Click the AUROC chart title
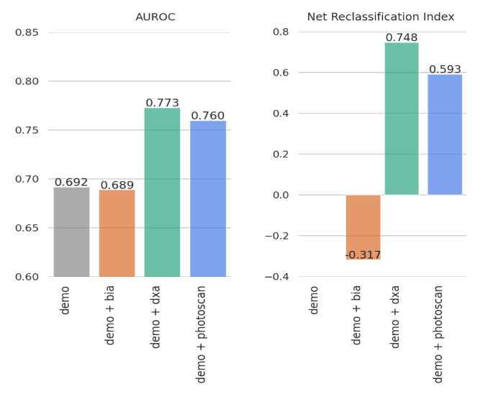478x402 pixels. click(155, 17)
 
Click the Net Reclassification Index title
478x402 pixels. click(381, 17)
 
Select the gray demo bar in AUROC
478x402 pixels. click(72, 232)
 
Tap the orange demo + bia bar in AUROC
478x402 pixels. click(117, 233)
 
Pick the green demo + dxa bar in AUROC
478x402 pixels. click(162, 193)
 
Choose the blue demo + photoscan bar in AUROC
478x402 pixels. click(208, 199)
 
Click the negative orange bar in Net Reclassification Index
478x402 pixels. click(363, 227)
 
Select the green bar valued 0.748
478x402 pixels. click(402, 119)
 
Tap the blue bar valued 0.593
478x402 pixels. click(445, 134)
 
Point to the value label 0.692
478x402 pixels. click(71, 182)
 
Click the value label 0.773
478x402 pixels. click(162, 103)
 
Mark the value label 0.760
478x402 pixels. click(208, 116)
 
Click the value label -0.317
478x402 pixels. click(363, 255)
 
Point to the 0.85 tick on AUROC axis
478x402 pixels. click(27, 32)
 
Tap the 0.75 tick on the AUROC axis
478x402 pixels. click(27, 130)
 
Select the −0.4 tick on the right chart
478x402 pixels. click(277, 277)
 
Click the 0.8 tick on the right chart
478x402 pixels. click(281, 32)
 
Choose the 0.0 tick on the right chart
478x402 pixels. click(281, 195)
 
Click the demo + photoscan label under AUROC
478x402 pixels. click(201, 334)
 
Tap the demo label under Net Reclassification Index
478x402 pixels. click(313, 301)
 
